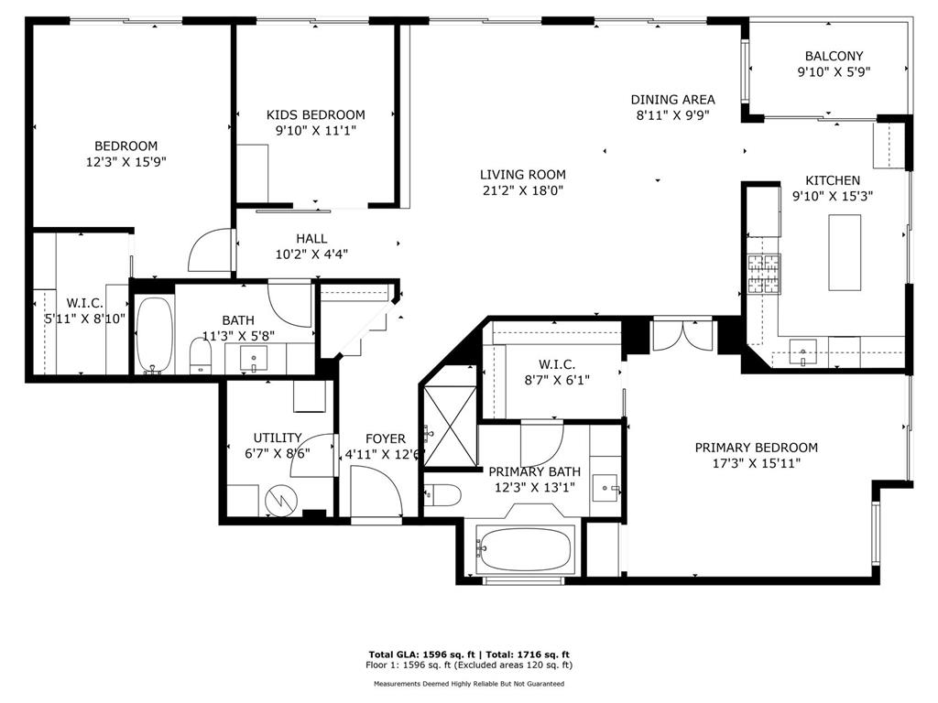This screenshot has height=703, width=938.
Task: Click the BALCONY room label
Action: click(834, 56)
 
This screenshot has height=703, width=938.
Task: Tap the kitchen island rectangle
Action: click(845, 253)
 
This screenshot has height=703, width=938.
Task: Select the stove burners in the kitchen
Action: click(764, 275)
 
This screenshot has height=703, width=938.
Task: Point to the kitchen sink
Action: click(802, 352)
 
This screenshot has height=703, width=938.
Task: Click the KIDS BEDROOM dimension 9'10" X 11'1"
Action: click(316, 130)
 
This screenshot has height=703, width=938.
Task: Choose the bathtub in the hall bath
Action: click(154, 335)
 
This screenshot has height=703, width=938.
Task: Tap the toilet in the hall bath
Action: click(201, 356)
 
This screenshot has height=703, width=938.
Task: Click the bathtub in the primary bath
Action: click(523, 549)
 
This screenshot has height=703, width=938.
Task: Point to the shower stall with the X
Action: click(451, 427)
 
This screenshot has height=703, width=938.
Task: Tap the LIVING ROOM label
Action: click(523, 175)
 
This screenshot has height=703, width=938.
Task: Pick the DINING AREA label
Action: click(673, 100)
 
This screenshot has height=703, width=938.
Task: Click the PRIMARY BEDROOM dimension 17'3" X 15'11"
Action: click(756, 463)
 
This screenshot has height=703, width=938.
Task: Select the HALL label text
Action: click(311, 239)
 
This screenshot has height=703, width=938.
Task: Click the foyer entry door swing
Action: click(376, 491)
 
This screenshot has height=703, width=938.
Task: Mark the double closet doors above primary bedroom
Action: click(682, 335)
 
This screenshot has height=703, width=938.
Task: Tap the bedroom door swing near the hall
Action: click(210, 251)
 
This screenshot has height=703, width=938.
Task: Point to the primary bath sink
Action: click(605, 488)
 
